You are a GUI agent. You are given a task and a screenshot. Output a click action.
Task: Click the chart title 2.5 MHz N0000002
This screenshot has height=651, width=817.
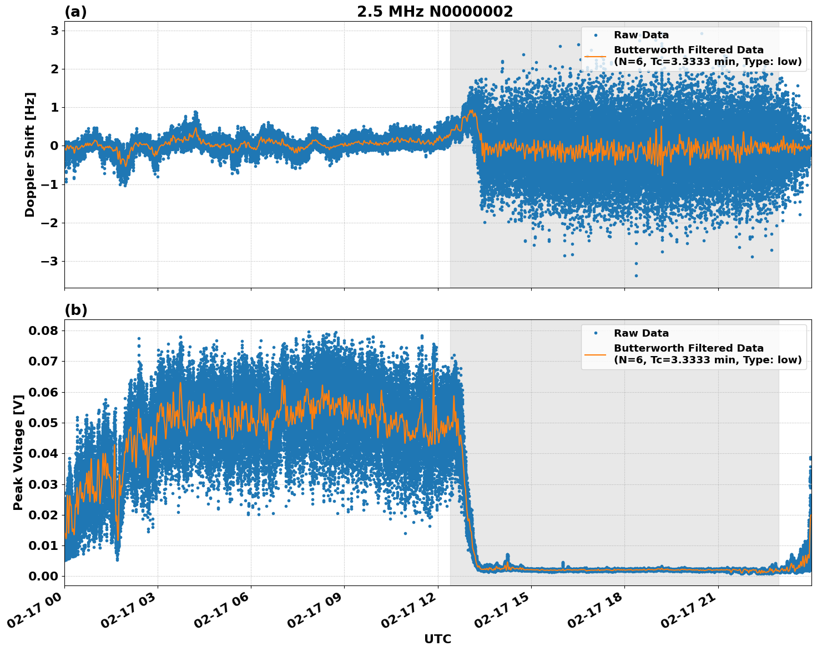click(x=435, y=12)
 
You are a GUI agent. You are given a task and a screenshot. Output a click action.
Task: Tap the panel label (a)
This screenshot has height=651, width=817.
click(x=75, y=12)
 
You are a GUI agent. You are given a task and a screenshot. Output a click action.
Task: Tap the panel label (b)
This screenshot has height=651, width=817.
click(x=75, y=310)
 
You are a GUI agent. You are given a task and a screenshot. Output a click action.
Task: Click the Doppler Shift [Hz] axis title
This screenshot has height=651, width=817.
click(x=30, y=154)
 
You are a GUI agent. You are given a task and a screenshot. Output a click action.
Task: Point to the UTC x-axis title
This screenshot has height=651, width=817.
click(x=437, y=639)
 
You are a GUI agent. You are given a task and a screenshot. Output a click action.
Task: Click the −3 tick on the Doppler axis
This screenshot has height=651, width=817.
click(x=49, y=261)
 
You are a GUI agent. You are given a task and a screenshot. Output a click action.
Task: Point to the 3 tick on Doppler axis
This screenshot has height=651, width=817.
click(x=54, y=31)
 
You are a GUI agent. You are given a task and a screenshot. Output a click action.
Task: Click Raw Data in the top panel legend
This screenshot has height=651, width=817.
click(x=641, y=35)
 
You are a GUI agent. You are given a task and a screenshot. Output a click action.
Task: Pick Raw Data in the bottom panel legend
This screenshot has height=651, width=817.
click(x=641, y=333)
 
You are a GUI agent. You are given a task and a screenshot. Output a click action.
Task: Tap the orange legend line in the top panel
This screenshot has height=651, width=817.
click(x=595, y=56)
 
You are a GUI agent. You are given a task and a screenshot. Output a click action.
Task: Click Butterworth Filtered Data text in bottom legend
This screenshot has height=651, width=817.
click(x=688, y=348)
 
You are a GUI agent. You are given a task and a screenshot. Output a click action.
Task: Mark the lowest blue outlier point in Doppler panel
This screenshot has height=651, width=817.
click(x=636, y=276)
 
